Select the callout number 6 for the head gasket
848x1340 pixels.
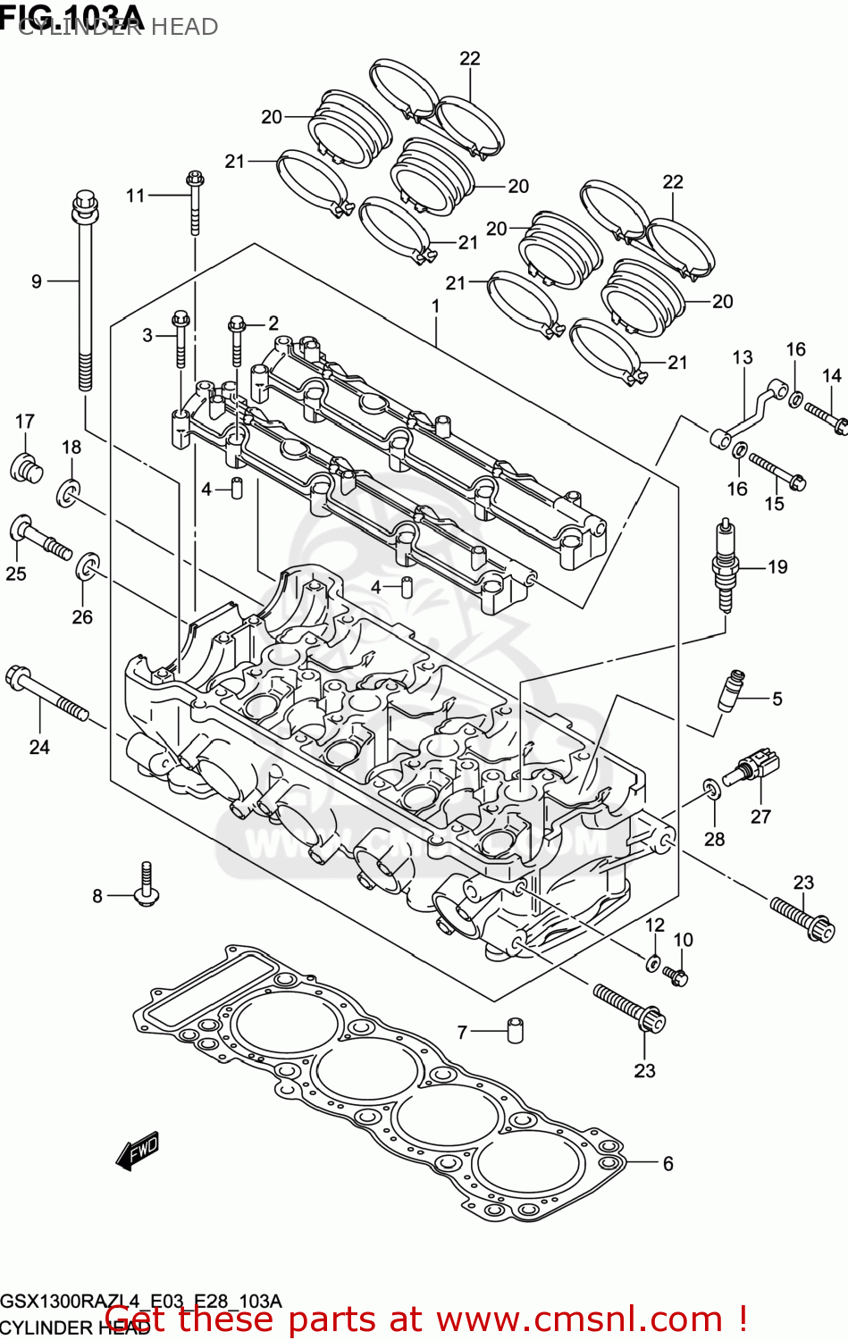tap(667, 1163)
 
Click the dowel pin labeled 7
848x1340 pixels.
tap(516, 1030)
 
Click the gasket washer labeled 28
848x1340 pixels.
tap(711, 789)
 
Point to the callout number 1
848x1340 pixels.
tap(435, 306)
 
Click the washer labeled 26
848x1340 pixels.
tap(88, 565)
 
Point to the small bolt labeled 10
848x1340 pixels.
tap(676, 976)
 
